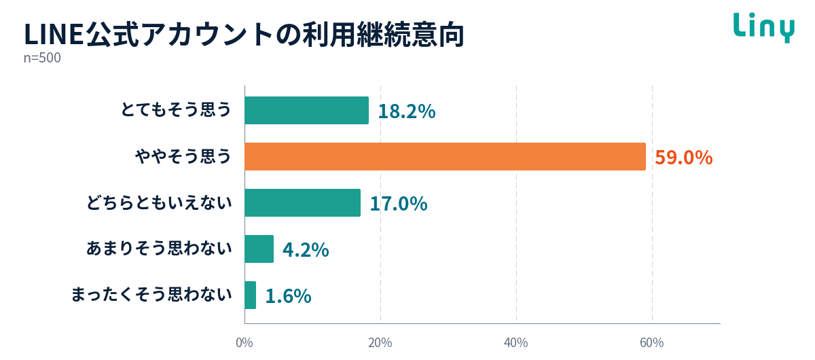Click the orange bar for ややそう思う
pos(445,156)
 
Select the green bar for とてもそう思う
pos(307,110)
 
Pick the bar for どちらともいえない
pos(303,202)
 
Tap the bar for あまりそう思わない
pos(259,249)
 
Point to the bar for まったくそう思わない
pos(251,295)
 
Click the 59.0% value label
pos(684,158)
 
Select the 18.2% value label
pos(407,111)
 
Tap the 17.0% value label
pos(399,204)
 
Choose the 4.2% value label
pos(306,250)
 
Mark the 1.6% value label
pos(288,296)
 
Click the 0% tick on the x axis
pos(244,343)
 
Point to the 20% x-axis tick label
pos(380,343)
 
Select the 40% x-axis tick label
pos(516,343)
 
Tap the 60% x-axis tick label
pos(651,343)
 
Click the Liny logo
pos(763,28)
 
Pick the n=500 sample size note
pos(42,58)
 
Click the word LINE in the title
pos(54,35)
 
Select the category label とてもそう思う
pos(176,109)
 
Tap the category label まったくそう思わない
pos(151,295)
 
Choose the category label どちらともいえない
pos(160,202)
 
